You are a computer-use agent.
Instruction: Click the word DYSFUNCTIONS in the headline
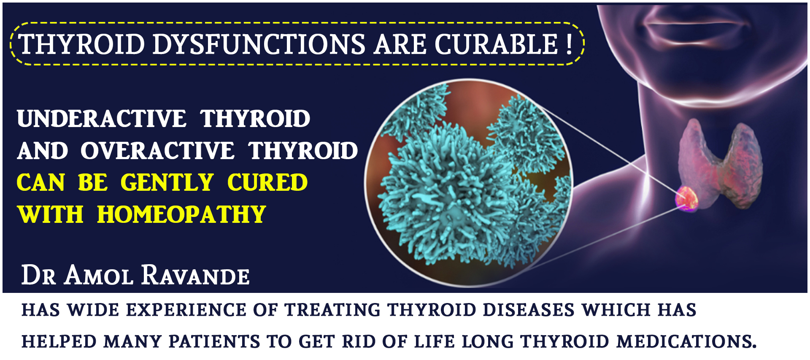tap(259, 44)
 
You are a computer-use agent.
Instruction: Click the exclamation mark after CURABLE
tap(570, 44)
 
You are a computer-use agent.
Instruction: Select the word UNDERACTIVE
tap(101, 119)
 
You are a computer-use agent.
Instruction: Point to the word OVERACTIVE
tap(157, 151)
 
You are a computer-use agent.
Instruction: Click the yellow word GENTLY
tap(167, 183)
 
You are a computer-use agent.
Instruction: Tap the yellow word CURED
tap(267, 183)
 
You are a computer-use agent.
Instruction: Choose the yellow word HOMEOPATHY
tap(181, 214)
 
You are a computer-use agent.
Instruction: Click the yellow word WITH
tap(50, 214)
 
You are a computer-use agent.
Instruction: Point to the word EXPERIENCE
tap(186, 310)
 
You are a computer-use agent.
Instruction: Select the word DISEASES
tap(529, 310)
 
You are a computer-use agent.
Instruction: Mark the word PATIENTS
tap(214, 341)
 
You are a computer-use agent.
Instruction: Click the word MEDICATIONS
tap(686, 341)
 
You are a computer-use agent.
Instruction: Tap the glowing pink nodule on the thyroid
tap(687, 198)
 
